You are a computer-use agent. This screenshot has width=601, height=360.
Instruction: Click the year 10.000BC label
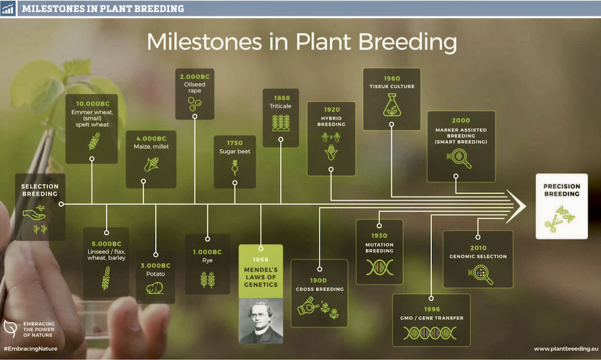93,103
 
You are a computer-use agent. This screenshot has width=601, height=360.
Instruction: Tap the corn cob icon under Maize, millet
151,165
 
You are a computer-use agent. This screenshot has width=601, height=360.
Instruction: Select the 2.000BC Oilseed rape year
195,77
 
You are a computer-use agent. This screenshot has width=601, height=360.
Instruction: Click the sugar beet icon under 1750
234,167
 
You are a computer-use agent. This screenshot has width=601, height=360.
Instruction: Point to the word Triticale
280,106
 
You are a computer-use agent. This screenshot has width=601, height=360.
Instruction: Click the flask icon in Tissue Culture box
392,105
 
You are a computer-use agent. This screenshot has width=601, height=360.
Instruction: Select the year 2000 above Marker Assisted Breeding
461,120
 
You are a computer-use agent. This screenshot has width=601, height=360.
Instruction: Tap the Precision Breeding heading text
562,190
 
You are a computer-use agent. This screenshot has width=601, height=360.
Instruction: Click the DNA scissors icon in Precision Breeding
560,219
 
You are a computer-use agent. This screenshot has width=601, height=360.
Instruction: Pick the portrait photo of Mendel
261,321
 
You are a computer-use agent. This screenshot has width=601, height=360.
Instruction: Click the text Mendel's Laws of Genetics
261,277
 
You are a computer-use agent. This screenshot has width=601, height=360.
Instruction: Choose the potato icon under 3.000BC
155,288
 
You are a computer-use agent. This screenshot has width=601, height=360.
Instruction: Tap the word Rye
207,260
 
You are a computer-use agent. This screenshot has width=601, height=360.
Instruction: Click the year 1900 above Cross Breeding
318,281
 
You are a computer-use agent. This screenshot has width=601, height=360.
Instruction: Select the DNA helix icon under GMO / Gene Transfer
430,333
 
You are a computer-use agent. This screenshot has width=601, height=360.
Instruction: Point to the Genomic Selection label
478,257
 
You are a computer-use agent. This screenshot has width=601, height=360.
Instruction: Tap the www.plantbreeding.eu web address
566,349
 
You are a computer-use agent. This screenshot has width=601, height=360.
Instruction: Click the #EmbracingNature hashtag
30,349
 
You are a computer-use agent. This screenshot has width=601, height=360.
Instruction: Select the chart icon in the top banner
8,8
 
